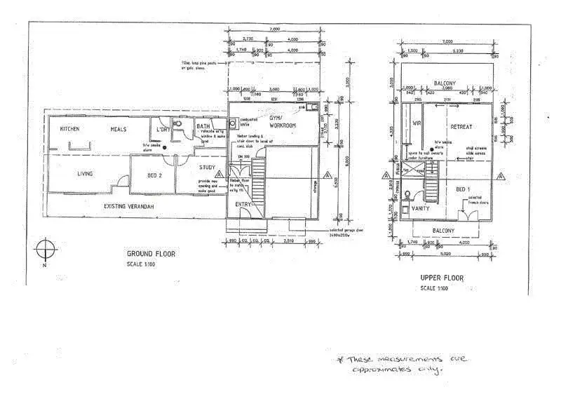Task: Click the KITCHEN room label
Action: [x=69, y=130]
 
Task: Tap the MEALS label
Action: [x=118, y=130]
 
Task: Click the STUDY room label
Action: [x=207, y=167]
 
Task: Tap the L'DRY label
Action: [x=163, y=130]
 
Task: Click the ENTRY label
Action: [x=243, y=204]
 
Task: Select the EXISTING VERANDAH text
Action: [x=128, y=206]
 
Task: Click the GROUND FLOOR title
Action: [x=151, y=254]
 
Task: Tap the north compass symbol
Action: [x=45, y=250]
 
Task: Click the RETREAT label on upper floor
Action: [x=461, y=127]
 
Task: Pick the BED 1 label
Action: [x=463, y=189]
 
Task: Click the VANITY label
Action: [x=421, y=208]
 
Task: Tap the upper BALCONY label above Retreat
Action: [x=445, y=82]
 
